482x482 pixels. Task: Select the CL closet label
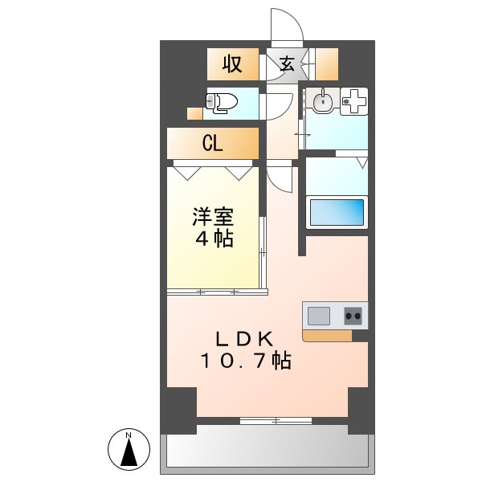coord(213,144)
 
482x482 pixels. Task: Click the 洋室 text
coord(213,216)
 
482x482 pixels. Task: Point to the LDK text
coord(247,338)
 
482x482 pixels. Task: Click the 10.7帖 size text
coord(246,361)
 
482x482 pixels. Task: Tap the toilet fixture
coord(222,102)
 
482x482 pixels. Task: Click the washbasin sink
coord(323,102)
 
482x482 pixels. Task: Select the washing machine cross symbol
coord(354,101)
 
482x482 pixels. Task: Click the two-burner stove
coord(353,315)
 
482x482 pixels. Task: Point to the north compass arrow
coord(129,451)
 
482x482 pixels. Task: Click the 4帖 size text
coord(213,239)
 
